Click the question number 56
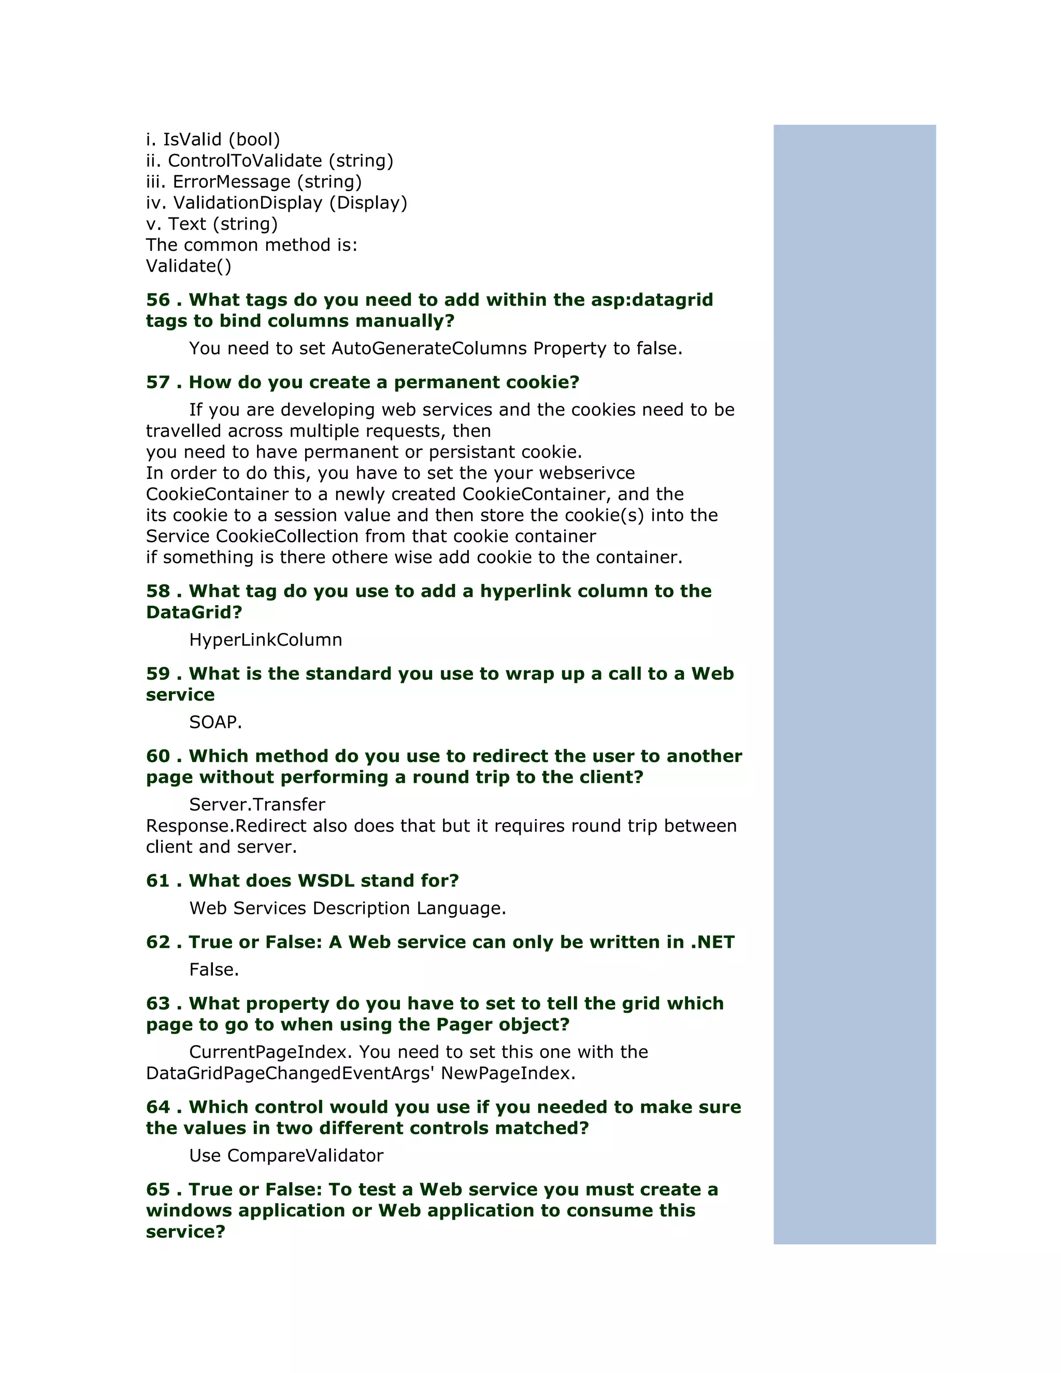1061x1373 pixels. coord(158,300)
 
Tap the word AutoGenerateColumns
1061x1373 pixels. coord(428,348)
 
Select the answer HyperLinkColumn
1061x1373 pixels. coord(265,640)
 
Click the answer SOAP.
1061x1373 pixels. coord(215,722)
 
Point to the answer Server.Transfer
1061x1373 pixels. coord(257,805)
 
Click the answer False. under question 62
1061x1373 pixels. coord(214,970)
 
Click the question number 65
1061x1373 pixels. coord(158,1190)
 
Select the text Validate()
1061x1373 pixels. coord(189,266)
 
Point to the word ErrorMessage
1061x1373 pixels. coord(231,182)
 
